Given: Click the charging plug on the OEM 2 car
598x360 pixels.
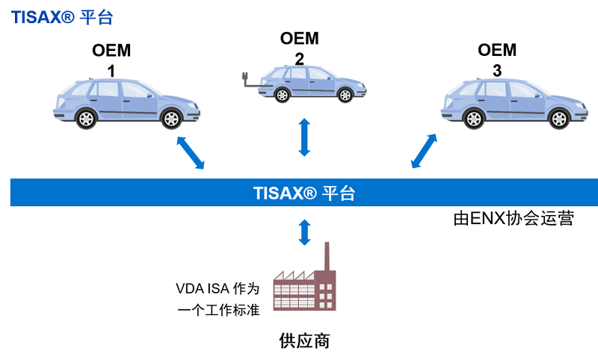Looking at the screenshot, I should pos(244,78).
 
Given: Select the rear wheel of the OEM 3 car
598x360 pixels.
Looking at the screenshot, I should pos(472,118).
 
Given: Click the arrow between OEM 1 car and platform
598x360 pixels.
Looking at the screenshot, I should pos(191,152).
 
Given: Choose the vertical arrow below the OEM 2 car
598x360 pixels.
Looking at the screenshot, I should pos(303,137).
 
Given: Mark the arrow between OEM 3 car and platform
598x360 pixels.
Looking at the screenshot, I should pos(425,151).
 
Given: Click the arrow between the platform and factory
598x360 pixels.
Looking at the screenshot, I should pos(303,232).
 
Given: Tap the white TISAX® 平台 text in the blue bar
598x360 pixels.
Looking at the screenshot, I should pos(303,193).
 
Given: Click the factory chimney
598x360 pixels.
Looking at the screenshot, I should pos(326,258).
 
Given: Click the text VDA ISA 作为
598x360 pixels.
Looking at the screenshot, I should pos(217,288).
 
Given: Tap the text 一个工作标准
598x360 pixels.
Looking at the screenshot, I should pos(218,310).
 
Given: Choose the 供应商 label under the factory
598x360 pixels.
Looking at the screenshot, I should pos(304,341).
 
